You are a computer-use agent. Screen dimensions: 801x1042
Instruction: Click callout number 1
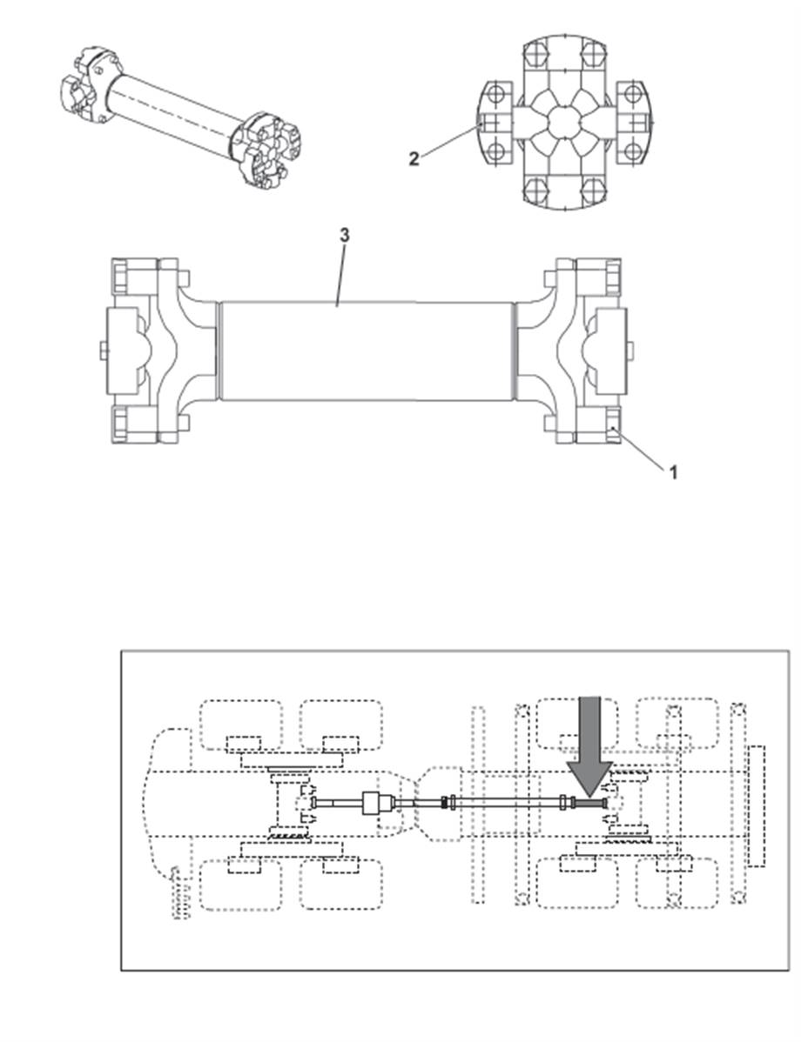pos(673,472)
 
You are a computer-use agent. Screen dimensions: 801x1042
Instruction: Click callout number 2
pos(414,159)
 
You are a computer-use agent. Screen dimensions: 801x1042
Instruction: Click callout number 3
pos(344,235)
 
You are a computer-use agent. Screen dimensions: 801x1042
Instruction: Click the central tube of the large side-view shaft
pos(368,351)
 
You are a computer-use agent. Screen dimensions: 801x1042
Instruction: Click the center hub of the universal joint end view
pos(564,123)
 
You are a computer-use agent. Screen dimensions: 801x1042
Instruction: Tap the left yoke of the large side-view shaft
pos(159,351)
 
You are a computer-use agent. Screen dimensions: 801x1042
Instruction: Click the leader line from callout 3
pos(341,276)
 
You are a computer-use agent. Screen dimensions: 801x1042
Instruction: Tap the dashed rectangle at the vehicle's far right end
pos(756,805)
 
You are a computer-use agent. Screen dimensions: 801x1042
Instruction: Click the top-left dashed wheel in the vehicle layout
pos(240,725)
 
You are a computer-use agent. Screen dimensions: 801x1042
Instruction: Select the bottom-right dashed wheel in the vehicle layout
pos(676,884)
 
